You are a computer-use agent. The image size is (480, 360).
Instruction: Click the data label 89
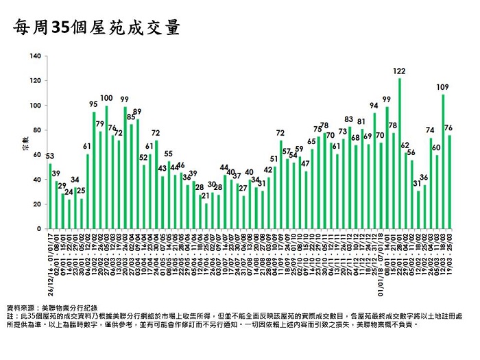[x=137, y=112]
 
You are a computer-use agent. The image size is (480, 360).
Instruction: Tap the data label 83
[x=348, y=119]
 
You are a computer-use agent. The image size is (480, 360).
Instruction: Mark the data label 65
[x=311, y=142]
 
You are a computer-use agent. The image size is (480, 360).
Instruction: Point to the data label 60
[x=436, y=147]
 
